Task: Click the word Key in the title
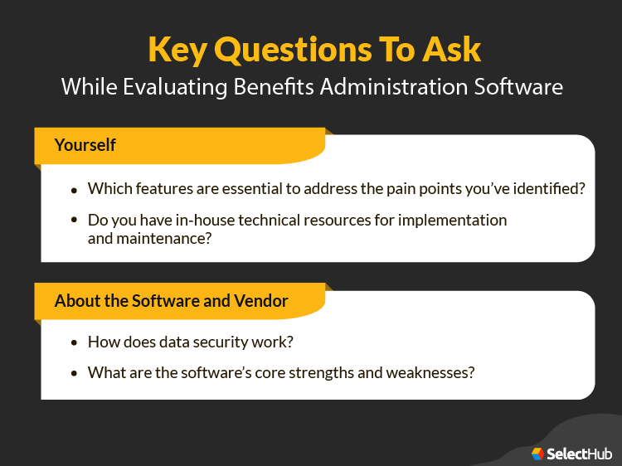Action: coord(177,49)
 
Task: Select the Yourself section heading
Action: coord(85,145)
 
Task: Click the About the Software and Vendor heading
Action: coord(171,301)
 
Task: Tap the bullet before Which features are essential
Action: coord(75,190)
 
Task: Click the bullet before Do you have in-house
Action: coord(75,221)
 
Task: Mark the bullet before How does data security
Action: coord(75,342)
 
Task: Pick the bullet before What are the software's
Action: coord(75,373)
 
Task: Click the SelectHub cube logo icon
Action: coord(537,453)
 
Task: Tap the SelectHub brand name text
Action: coord(579,453)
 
